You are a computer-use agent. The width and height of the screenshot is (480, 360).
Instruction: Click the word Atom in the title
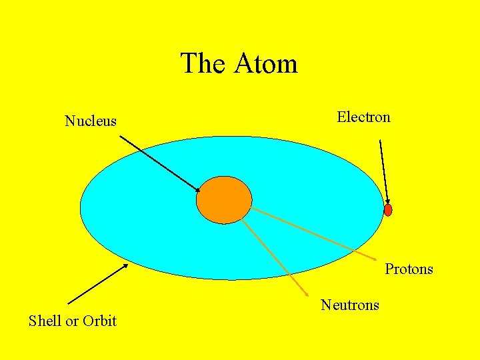(266, 64)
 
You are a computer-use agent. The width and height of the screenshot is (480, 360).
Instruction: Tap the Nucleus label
(91, 121)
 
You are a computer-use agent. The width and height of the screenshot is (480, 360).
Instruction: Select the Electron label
(363, 117)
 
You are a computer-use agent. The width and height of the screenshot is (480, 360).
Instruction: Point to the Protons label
(409, 269)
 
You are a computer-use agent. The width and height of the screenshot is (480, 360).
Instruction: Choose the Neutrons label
(350, 305)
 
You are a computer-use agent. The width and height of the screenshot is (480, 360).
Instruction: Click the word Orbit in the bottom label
(100, 321)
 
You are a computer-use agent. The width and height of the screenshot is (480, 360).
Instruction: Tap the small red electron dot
(388, 210)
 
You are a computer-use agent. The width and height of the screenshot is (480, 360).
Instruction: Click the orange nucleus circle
(224, 200)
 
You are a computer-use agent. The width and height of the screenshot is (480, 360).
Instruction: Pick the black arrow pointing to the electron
(383, 170)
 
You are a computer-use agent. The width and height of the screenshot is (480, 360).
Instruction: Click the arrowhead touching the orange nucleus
(197, 191)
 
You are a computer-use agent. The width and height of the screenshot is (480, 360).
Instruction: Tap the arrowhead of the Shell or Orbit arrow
(125, 266)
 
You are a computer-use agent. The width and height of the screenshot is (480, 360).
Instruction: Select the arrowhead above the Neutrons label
(305, 293)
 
